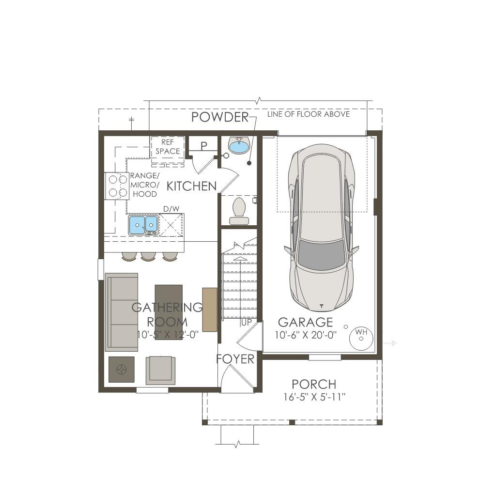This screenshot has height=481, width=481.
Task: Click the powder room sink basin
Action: coord(239,145)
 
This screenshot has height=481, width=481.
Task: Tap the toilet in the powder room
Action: coord(239,211)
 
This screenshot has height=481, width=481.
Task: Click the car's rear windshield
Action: coord(321,255)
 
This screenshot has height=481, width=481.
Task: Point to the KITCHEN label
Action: coord(191,186)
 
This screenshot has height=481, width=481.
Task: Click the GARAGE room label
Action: coord(306,322)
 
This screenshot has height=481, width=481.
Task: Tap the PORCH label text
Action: coord(314,384)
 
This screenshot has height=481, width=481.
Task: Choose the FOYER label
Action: coord(235,358)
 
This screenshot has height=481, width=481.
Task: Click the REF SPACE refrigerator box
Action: coord(168,147)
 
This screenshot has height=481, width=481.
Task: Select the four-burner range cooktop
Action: coord(117,186)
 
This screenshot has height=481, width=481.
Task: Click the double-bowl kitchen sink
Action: coord(143,225)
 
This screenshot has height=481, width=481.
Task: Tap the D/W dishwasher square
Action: coord(171,225)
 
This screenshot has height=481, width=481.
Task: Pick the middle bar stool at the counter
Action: coord(148,256)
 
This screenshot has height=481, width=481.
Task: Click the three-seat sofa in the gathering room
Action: coord(122,312)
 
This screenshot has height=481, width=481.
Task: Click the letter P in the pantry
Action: coord(204,146)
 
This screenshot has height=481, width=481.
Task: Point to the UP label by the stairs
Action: coord(247,323)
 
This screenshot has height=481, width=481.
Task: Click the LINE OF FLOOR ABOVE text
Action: coord(308,114)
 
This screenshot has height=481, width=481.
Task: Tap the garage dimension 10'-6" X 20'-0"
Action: coord(306,335)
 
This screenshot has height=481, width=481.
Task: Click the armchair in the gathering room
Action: coord(160,370)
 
